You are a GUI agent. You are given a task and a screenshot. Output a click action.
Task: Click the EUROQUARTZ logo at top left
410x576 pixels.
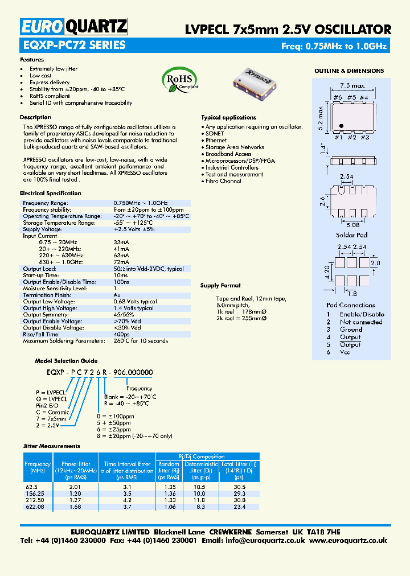[74, 26]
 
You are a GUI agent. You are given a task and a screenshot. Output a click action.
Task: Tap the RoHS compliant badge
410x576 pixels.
[179, 80]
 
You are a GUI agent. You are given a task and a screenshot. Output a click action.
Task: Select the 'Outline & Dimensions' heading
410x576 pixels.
[349, 71]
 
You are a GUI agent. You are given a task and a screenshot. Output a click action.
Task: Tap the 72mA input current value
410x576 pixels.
[121, 262]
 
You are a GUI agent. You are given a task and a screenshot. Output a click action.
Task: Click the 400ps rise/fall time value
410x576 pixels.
[121, 335]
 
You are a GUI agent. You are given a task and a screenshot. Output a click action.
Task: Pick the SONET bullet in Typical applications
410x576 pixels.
[215, 133]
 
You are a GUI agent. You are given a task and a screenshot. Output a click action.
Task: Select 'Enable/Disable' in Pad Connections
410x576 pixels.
[362, 314]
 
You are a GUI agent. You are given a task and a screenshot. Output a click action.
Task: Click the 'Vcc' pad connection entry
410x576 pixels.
[345, 352]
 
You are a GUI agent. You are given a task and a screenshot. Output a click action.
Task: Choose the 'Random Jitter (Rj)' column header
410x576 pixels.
[169, 467]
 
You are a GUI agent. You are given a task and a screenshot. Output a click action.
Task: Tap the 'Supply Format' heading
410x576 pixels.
[220, 286]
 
